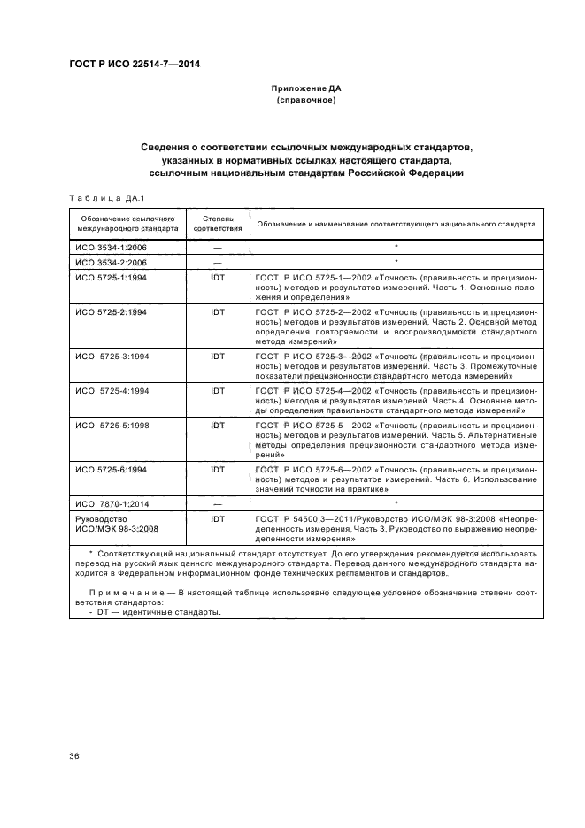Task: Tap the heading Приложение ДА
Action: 305,89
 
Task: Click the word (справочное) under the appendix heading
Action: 305,101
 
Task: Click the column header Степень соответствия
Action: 217,223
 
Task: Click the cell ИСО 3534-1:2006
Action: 111,249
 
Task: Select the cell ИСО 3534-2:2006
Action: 111,263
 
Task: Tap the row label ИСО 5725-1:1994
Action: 111,278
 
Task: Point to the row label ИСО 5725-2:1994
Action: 111,313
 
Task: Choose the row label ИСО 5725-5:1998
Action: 112,425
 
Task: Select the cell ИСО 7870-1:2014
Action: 112,503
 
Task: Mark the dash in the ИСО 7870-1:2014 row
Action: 217,503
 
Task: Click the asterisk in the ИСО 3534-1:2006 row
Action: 396,248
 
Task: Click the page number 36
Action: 74,756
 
